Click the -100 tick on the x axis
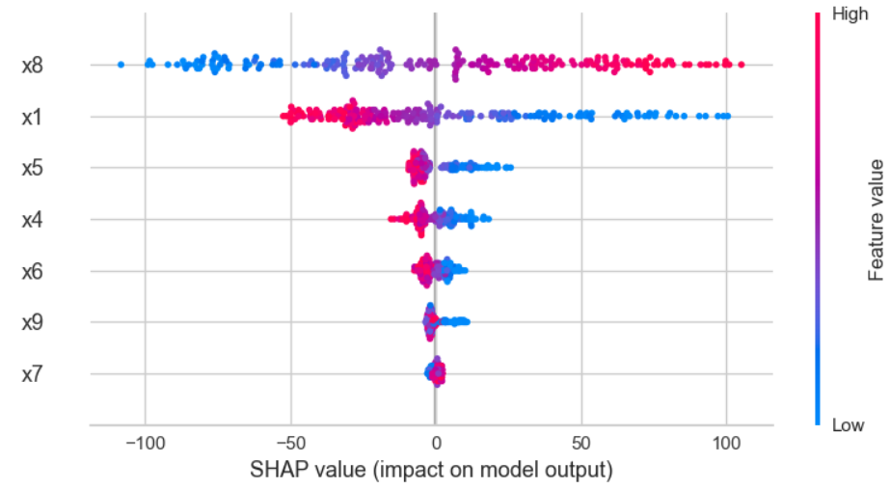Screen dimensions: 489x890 (x=143, y=444)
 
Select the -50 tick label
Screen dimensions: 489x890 (x=290, y=444)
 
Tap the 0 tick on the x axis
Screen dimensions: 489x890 (x=436, y=444)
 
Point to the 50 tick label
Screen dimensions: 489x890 (x=580, y=444)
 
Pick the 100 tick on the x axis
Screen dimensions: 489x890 (x=726, y=444)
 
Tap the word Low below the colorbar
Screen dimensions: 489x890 (x=848, y=425)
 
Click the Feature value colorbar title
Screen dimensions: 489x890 (x=877, y=218)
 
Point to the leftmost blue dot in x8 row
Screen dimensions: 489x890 (x=121, y=65)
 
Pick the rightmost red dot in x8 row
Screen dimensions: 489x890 (x=741, y=65)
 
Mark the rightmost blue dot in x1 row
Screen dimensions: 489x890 (x=727, y=117)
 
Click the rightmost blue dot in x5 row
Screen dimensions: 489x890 (x=509, y=168)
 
